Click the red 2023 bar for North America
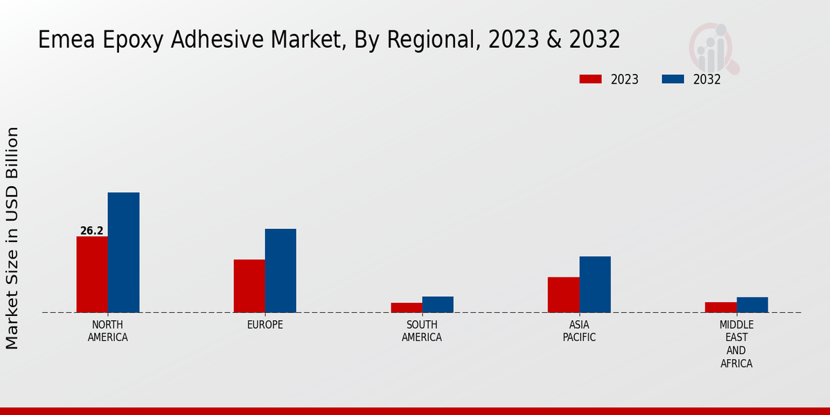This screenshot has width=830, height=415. point(92,275)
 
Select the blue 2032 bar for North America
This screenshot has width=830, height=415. point(124,252)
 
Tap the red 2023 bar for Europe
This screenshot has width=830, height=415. point(249,286)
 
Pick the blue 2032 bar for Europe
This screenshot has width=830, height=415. point(281,270)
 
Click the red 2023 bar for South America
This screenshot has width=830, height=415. point(406,308)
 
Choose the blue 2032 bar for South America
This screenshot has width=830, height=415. point(438,304)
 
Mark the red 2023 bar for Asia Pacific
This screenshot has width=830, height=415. point(564,295)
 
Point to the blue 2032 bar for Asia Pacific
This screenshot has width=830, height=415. point(595,284)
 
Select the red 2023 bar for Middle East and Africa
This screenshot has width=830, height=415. point(721,307)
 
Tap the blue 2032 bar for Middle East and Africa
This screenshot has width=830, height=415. point(753,305)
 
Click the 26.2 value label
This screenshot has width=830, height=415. point(92,231)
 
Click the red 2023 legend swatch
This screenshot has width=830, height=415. point(591,80)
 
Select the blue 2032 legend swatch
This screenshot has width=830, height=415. point(673,80)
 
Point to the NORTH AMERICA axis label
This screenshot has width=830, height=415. point(108,331)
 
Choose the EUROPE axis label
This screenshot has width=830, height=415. point(265,325)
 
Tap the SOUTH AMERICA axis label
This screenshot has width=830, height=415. point(422,331)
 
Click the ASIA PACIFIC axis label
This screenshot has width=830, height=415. point(579,331)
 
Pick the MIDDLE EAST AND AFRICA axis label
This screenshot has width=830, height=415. point(737,344)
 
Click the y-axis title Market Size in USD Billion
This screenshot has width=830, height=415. point(12,238)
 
